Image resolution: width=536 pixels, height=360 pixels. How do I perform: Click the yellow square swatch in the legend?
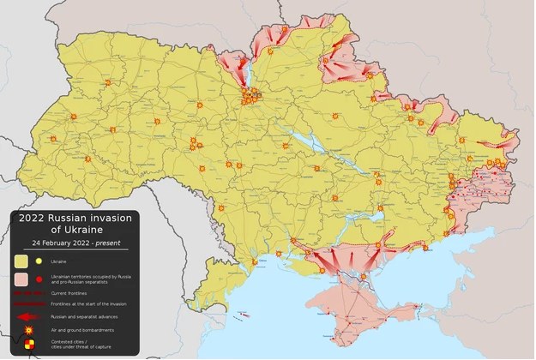click(x=21, y=261)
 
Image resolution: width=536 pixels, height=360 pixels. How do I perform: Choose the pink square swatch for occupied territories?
click(x=21, y=279)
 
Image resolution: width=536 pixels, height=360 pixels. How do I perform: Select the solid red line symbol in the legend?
click(x=28, y=303)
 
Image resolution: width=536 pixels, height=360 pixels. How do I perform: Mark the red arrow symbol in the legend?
click(x=28, y=315)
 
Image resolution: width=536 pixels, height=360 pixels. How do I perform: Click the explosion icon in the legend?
click(x=28, y=329)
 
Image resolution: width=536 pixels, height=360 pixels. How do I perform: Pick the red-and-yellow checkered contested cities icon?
click(x=29, y=345)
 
